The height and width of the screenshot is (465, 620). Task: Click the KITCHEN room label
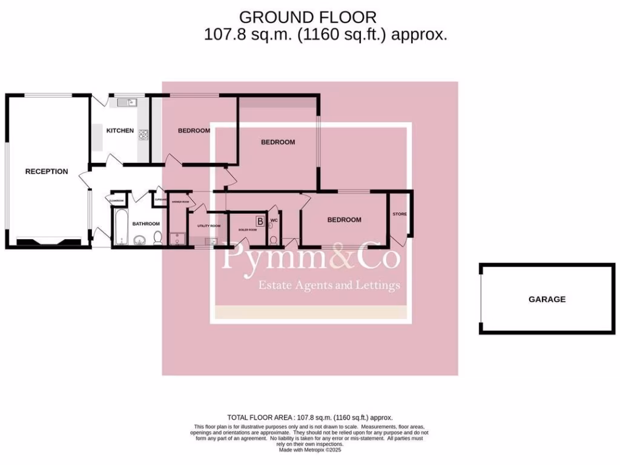(120, 131)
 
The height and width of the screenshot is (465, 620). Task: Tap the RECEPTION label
(47, 171)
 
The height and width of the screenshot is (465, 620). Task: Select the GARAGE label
(547, 299)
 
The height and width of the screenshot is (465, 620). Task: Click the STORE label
(399, 214)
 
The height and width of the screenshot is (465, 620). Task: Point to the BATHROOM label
(146, 223)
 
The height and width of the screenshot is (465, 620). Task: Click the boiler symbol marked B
(260, 221)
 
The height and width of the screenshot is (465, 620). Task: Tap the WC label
(274, 220)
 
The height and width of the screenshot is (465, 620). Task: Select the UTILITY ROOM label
(209, 226)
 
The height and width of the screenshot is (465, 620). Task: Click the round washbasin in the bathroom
(139, 240)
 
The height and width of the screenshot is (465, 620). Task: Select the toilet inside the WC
(273, 238)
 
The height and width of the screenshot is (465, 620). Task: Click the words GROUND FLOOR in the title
(308, 17)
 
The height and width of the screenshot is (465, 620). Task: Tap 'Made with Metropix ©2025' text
(310, 450)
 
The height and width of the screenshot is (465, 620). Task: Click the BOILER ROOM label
(248, 230)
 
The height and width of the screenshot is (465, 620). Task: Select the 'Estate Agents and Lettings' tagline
(329, 285)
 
